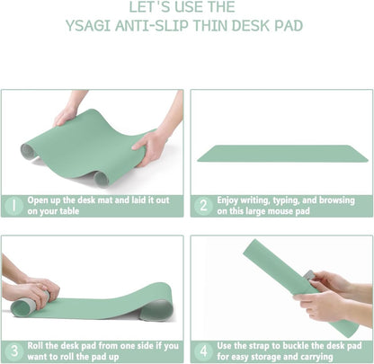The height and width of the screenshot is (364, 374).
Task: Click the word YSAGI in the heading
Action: pos(91,25)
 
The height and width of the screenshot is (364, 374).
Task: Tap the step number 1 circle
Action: pos(13,205)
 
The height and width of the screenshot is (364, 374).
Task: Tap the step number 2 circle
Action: pos(203,205)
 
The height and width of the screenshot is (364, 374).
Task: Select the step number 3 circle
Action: pos(13,351)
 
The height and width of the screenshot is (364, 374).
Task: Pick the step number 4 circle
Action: pos(203,351)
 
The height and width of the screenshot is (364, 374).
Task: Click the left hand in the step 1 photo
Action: pos(65,114)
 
